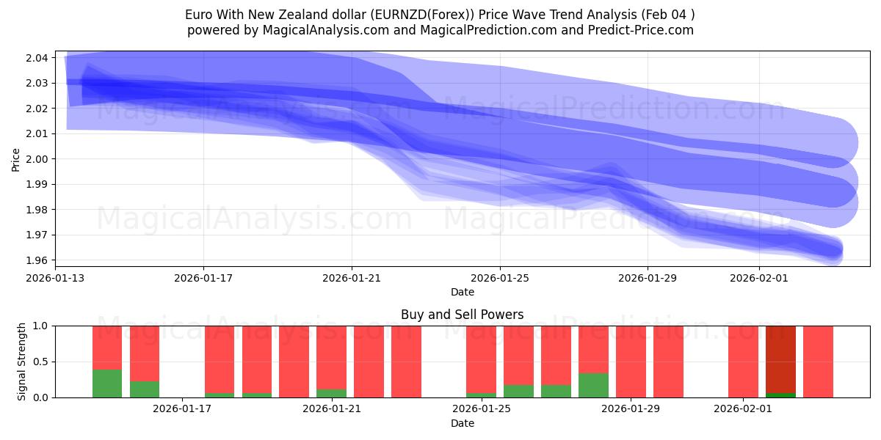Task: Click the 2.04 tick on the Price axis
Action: click(38, 58)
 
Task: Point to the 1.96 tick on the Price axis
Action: click(38, 260)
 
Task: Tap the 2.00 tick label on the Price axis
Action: click(38, 159)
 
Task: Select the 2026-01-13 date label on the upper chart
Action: click(55, 278)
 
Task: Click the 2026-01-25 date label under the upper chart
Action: click(500, 278)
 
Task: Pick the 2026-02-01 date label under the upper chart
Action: click(759, 278)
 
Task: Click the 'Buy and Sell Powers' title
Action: click(462, 315)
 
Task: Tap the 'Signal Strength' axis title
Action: click(22, 362)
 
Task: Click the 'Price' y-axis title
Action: click(16, 159)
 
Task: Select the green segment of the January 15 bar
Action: click(107, 384)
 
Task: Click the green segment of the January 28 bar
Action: click(593, 386)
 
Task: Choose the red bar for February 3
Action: click(818, 362)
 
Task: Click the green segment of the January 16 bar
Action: click(145, 389)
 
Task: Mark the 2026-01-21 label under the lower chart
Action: click(331, 408)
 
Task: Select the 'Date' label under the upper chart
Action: click(462, 292)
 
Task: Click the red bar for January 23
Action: click(406, 362)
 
